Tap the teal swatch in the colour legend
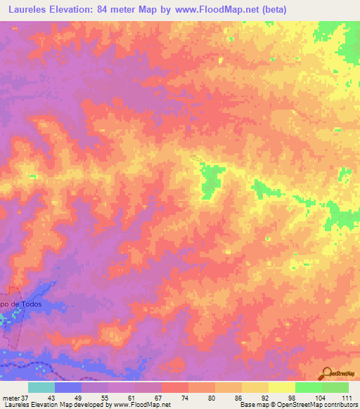click(41, 387)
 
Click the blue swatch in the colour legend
click(68, 387)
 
